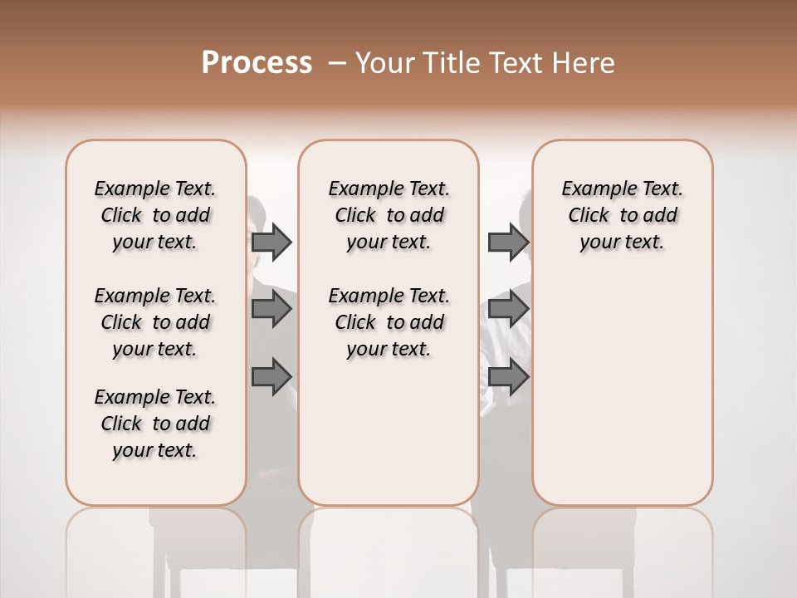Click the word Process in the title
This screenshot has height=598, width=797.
[257, 63]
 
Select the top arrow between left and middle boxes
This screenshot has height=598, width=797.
[271, 242]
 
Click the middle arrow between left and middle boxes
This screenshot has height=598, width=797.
[271, 309]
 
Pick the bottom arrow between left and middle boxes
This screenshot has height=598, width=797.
[271, 376]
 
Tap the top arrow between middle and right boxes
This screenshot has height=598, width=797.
[508, 242]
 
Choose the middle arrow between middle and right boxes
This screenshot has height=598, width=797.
[508, 309]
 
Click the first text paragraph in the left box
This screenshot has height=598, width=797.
[155, 215]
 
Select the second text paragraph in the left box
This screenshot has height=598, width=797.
[155, 322]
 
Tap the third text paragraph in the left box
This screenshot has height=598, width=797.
[155, 424]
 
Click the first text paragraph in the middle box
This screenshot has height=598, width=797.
[389, 215]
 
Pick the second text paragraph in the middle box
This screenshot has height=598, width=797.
[389, 322]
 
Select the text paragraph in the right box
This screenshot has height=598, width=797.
[622, 215]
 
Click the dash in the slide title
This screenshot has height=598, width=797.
[336, 63]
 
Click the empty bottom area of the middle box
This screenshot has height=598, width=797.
[389, 440]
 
